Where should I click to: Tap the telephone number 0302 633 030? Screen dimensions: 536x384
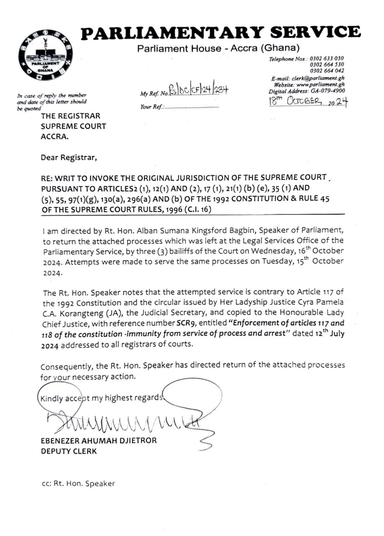[327, 59]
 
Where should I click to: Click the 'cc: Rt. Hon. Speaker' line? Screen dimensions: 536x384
[78, 483]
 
